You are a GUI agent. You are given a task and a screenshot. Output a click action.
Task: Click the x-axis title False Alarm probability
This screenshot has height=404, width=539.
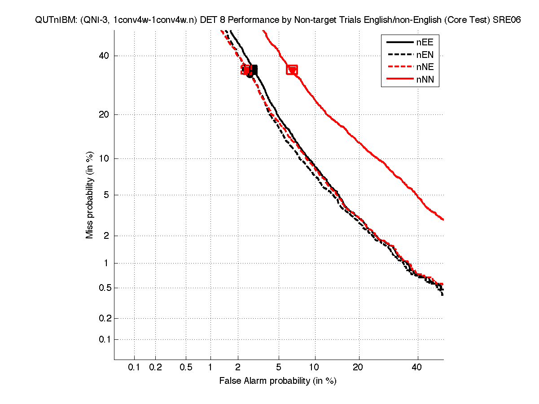pos(278,381)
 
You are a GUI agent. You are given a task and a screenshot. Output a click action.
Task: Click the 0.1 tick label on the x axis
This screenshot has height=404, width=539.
pos(134,368)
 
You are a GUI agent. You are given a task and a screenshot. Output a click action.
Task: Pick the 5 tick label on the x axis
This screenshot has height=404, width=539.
pos(279,368)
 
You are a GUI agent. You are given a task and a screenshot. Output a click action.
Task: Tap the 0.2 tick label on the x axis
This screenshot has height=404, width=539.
pos(155,368)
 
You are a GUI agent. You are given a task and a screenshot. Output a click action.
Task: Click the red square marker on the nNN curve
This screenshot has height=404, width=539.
pos(292,70)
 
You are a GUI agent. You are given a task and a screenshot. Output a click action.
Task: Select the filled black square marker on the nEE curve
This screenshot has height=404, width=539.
pos(253,70)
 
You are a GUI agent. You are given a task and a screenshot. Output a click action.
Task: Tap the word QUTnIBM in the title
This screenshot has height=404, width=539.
pos(53,21)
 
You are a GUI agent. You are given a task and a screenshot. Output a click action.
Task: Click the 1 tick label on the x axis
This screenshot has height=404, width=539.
pos(210,368)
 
